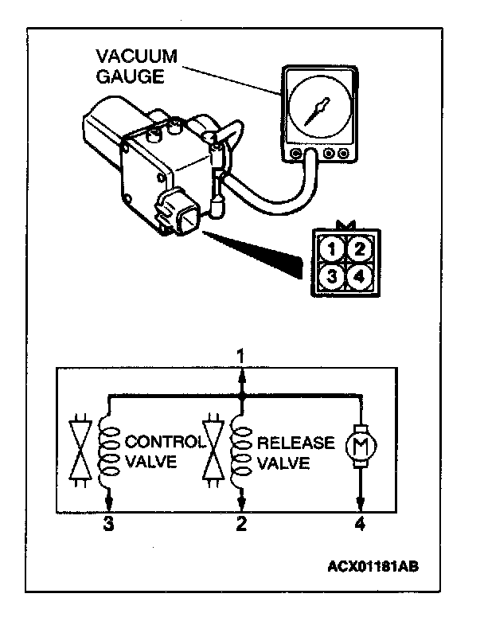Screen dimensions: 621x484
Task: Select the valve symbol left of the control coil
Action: click(78, 450)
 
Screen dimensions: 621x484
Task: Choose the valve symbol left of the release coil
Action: click(212, 450)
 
